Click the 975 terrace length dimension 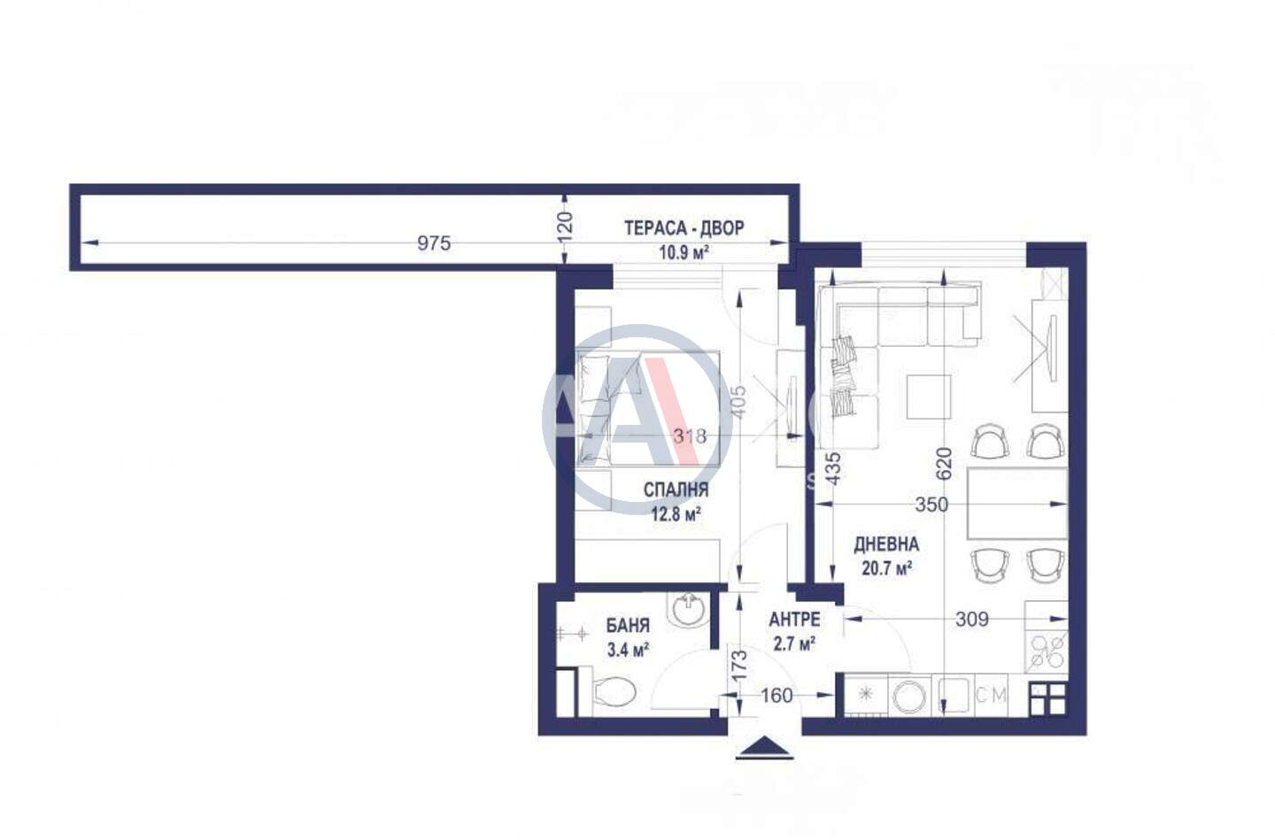pos(434,243)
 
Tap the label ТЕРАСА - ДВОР pos(684,228)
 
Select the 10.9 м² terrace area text pos(684,252)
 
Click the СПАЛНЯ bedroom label pos(676,490)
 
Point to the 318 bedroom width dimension pos(690,436)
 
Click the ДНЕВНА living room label pos(886,544)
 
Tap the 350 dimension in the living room pos(931,505)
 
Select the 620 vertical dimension pos(944,464)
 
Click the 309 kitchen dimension pos(971,620)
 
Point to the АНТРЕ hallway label pos(794,620)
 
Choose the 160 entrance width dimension pos(777,696)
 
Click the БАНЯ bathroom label pos(627,626)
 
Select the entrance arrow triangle pos(764,748)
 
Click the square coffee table pos(928,397)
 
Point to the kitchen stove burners pos(1047,651)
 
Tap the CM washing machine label pos(991,695)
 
